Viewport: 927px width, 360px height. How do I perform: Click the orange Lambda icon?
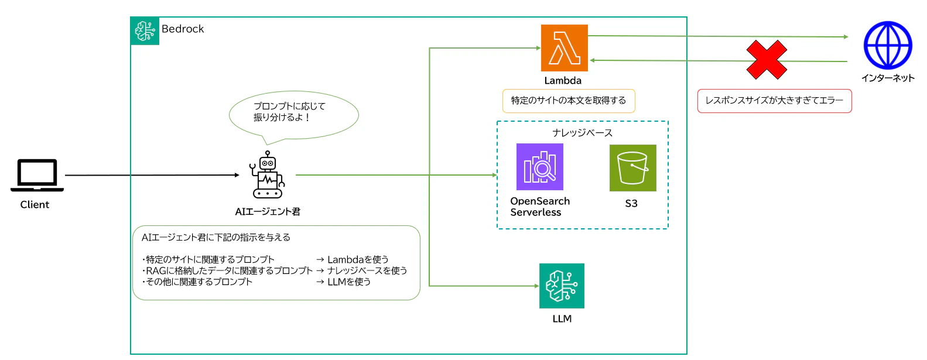pos(564,48)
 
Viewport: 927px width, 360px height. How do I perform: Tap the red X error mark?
pos(767,60)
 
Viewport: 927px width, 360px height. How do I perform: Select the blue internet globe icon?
pos(888,46)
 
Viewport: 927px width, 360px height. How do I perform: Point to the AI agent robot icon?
pos(268,175)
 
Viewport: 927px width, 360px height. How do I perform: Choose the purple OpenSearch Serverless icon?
pos(540,167)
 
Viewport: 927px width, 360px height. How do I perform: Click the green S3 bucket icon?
pos(632,168)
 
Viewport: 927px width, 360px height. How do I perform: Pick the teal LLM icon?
pos(562,286)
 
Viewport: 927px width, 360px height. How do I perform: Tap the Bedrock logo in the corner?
pos(145,30)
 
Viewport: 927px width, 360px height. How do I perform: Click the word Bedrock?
pos(183,29)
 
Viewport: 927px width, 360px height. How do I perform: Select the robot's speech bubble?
pos(293,115)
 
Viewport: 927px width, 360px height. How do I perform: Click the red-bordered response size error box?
pos(774,101)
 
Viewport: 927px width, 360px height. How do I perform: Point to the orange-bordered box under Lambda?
pos(569,101)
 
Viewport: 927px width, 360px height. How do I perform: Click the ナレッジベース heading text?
pos(582,133)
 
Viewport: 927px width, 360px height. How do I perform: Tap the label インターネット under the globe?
pos(888,78)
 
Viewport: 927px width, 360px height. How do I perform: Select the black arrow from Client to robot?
pos(152,175)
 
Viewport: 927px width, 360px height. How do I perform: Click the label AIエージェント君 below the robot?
pos(268,211)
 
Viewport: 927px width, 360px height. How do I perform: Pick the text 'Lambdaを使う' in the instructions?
pos(358,259)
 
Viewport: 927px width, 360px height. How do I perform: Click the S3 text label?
pos(631,204)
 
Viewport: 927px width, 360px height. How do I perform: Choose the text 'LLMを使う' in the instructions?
pos(349,282)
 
